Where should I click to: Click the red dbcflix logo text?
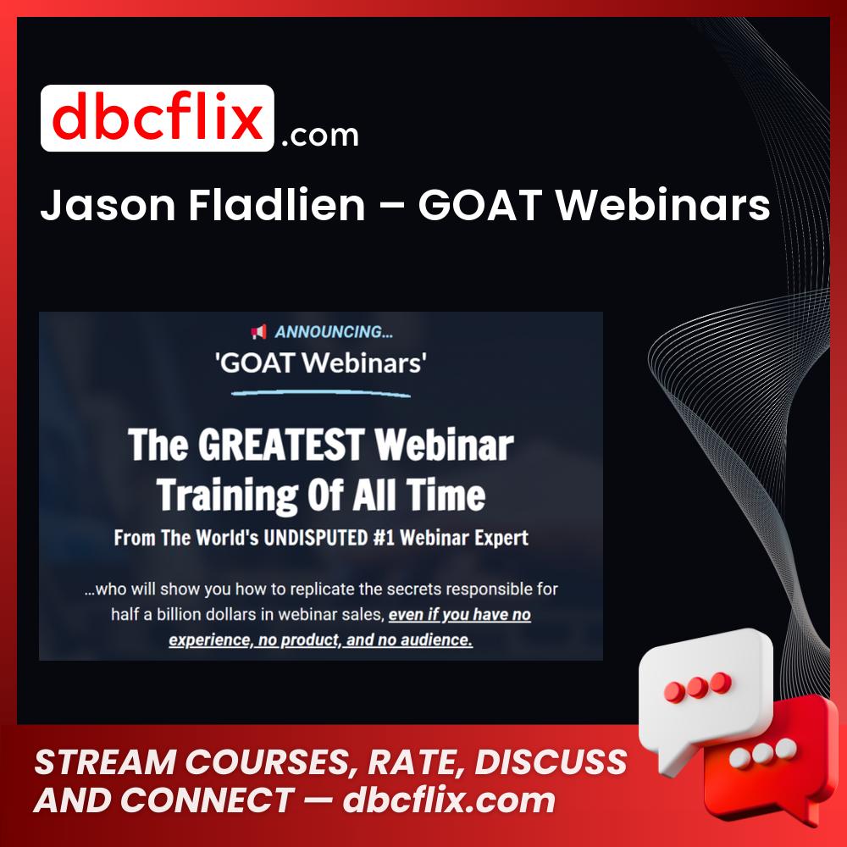click(157, 119)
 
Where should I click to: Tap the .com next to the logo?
click(319, 135)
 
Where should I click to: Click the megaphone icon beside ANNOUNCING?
click(258, 332)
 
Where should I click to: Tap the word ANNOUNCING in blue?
click(334, 332)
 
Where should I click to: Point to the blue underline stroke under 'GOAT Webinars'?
click(321, 392)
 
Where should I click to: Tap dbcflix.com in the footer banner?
click(449, 800)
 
